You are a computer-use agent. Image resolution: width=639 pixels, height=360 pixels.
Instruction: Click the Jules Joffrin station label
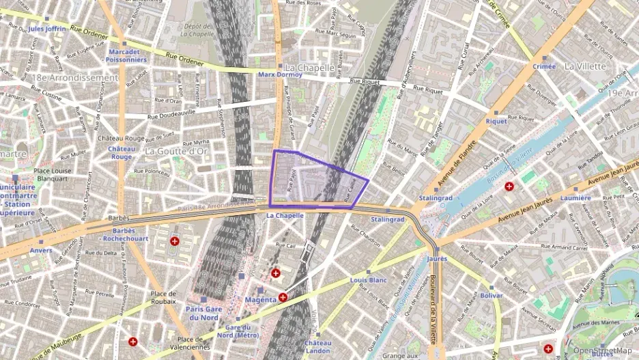click(x=47, y=29)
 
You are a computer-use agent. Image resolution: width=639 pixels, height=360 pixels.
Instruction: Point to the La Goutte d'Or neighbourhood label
click(x=176, y=151)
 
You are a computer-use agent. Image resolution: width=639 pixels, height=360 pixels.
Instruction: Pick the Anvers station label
click(x=40, y=250)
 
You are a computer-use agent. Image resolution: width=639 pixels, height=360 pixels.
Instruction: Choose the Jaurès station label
click(x=437, y=259)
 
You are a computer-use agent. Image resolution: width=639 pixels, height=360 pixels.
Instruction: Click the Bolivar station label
click(x=491, y=295)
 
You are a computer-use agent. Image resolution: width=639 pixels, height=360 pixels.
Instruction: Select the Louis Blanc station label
click(x=368, y=280)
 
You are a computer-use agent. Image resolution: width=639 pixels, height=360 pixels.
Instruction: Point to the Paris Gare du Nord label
click(x=203, y=313)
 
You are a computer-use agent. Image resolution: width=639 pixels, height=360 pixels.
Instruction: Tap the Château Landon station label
click(x=317, y=346)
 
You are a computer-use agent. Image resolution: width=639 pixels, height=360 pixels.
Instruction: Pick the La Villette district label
click(x=585, y=66)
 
